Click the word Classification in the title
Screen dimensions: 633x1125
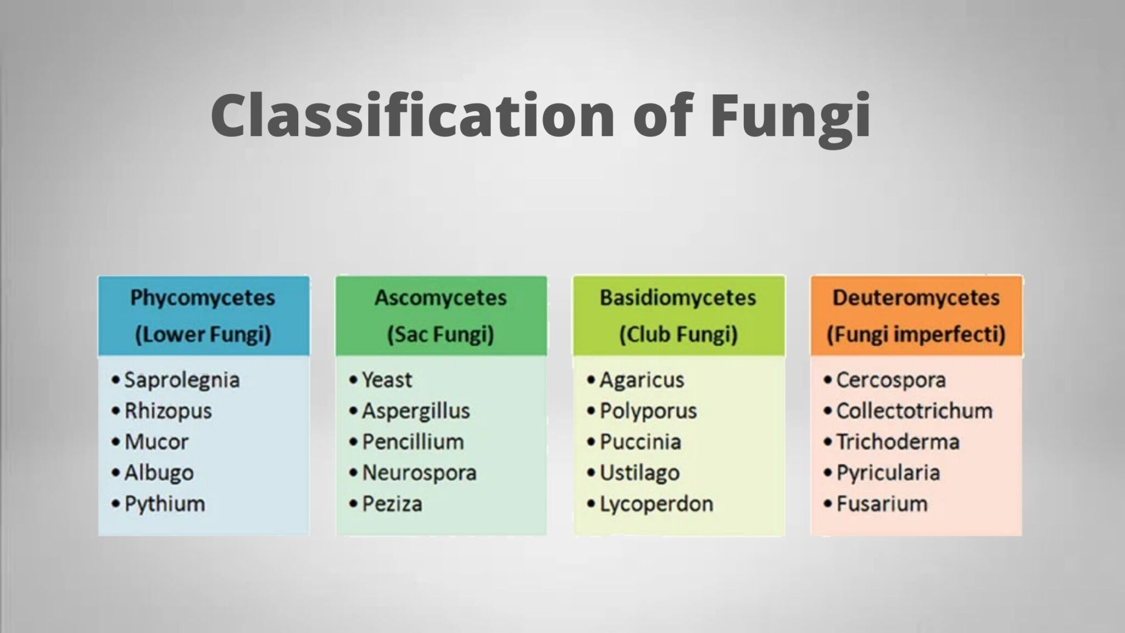(x=412, y=115)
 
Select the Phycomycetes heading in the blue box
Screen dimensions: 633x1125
(x=203, y=298)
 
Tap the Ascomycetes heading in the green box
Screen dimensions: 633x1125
(x=441, y=298)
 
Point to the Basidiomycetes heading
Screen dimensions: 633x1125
(x=678, y=298)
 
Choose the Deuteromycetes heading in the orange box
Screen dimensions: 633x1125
(x=916, y=298)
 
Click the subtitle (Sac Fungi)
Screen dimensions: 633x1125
(x=441, y=334)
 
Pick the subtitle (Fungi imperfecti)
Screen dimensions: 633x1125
(x=916, y=334)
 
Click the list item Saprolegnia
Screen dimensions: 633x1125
(x=182, y=380)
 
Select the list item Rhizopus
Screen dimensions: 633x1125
(x=168, y=411)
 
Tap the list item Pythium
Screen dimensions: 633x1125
(x=165, y=504)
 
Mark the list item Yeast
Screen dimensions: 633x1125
(x=387, y=380)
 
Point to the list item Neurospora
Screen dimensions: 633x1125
(x=419, y=473)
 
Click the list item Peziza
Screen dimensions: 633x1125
(x=392, y=504)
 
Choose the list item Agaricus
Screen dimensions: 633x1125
(x=642, y=380)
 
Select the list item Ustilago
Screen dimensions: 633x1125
(x=639, y=473)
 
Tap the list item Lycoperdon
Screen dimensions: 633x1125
(x=656, y=504)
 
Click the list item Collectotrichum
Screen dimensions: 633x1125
(x=914, y=411)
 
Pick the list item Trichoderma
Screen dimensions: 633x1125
(x=898, y=442)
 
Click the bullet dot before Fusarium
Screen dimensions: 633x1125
(x=827, y=504)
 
